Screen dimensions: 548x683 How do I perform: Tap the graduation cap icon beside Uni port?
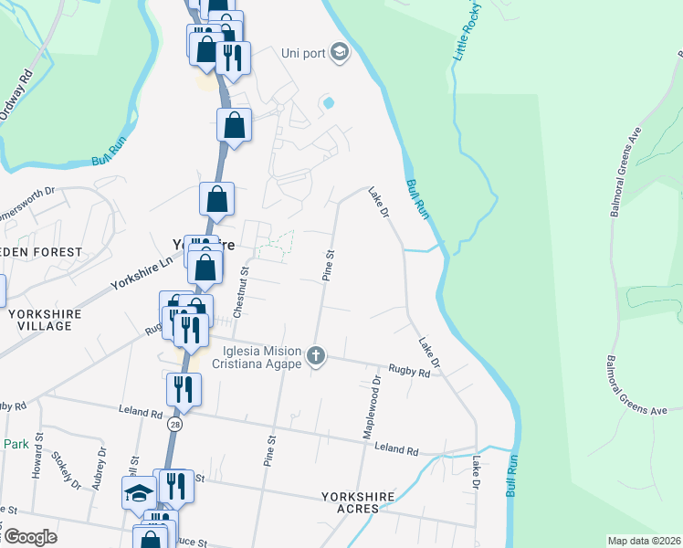340,52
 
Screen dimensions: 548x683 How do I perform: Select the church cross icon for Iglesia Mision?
316,355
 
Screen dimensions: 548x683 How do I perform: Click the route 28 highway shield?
173,425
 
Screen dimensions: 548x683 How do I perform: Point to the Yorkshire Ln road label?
142,272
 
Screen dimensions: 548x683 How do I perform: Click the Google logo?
29,537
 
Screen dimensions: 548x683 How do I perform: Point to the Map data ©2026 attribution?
644,541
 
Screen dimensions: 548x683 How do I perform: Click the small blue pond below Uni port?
327,103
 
